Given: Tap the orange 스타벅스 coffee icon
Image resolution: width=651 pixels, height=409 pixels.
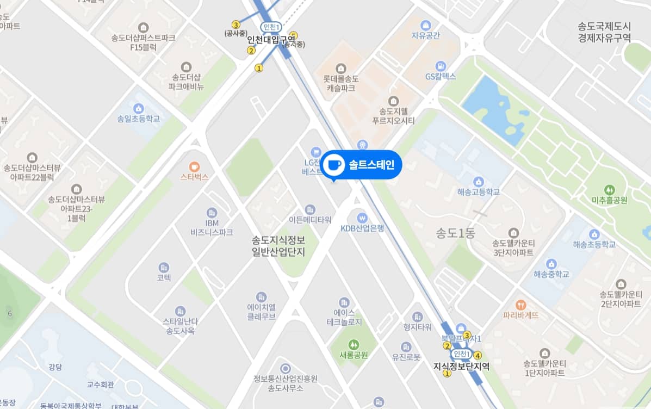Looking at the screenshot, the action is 195,166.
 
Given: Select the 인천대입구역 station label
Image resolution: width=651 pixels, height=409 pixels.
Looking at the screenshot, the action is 271,40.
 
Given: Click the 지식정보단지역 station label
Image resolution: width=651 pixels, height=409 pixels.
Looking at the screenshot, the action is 461,366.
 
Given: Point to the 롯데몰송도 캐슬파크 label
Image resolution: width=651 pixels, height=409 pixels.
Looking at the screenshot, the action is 341,83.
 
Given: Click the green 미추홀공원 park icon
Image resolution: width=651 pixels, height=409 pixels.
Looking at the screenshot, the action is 610,190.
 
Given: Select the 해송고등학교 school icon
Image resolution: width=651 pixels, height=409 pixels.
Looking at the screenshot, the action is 478,181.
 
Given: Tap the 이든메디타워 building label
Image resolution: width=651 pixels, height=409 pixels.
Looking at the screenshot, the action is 310,220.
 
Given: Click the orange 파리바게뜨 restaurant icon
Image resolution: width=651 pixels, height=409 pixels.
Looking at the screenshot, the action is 520,305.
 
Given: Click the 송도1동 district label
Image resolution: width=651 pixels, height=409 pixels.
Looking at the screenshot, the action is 456,233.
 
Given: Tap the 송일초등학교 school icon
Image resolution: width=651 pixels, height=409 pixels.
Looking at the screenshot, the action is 139,108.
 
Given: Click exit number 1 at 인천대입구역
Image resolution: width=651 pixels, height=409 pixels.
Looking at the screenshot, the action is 259,68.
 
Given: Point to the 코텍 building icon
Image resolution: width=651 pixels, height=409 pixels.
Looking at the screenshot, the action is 164,267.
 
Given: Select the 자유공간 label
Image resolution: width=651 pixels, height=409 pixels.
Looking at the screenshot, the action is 425,35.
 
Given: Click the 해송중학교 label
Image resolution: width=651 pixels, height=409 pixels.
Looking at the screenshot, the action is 551,274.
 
